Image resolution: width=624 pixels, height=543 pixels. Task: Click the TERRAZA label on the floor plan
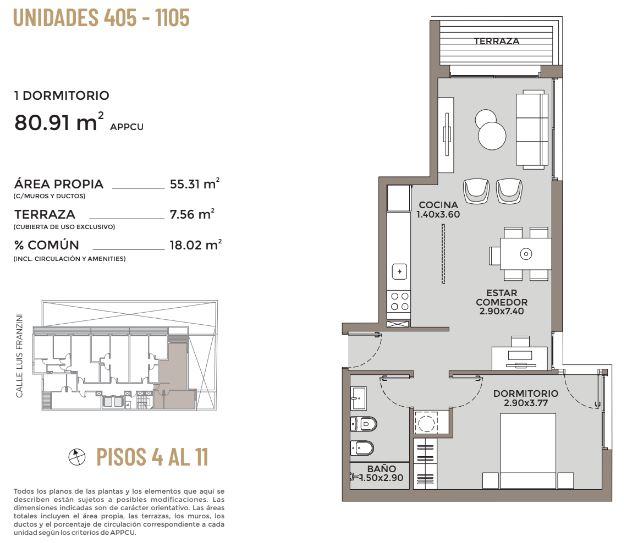pyautogui.click(x=496, y=41)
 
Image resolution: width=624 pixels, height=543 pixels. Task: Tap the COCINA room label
pyautogui.click(x=438, y=205)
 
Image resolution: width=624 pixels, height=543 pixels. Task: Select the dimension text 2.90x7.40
pyautogui.click(x=501, y=311)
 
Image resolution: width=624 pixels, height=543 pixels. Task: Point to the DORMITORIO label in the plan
pyautogui.click(x=526, y=393)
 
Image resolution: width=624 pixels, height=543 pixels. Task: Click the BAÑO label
pyautogui.click(x=382, y=469)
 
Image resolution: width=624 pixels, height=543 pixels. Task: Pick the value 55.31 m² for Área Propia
pyautogui.click(x=195, y=184)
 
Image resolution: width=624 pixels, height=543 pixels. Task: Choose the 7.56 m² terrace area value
pyautogui.click(x=192, y=214)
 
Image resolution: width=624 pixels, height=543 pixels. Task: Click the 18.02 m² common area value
pyautogui.click(x=195, y=244)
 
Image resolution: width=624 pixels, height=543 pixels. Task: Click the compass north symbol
pyautogui.click(x=77, y=457)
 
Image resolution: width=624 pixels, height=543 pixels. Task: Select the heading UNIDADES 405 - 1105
pyautogui.click(x=101, y=18)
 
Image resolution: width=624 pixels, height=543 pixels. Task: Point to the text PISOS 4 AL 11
pyautogui.click(x=152, y=457)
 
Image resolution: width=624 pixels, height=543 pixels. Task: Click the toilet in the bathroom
pyautogui.click(x=363, y=424)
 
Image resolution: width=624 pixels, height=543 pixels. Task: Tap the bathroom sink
pyautogui.click(x=359, y=398)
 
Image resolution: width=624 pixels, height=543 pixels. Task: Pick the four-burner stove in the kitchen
pyautogui.click(x=399, y=301)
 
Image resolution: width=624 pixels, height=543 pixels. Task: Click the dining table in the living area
pyautogui.click(x=525, y=254)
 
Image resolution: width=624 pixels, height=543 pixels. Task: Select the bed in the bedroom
pyautogui.click(x=528, y=450)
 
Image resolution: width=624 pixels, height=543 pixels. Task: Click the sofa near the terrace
pyautogui.click(x=532, y=129)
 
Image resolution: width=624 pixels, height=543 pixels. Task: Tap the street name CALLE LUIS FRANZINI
pyautogui.click(x=20, y=355)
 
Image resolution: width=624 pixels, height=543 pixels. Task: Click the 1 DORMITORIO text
pyautogui.click(x=62, y=96)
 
